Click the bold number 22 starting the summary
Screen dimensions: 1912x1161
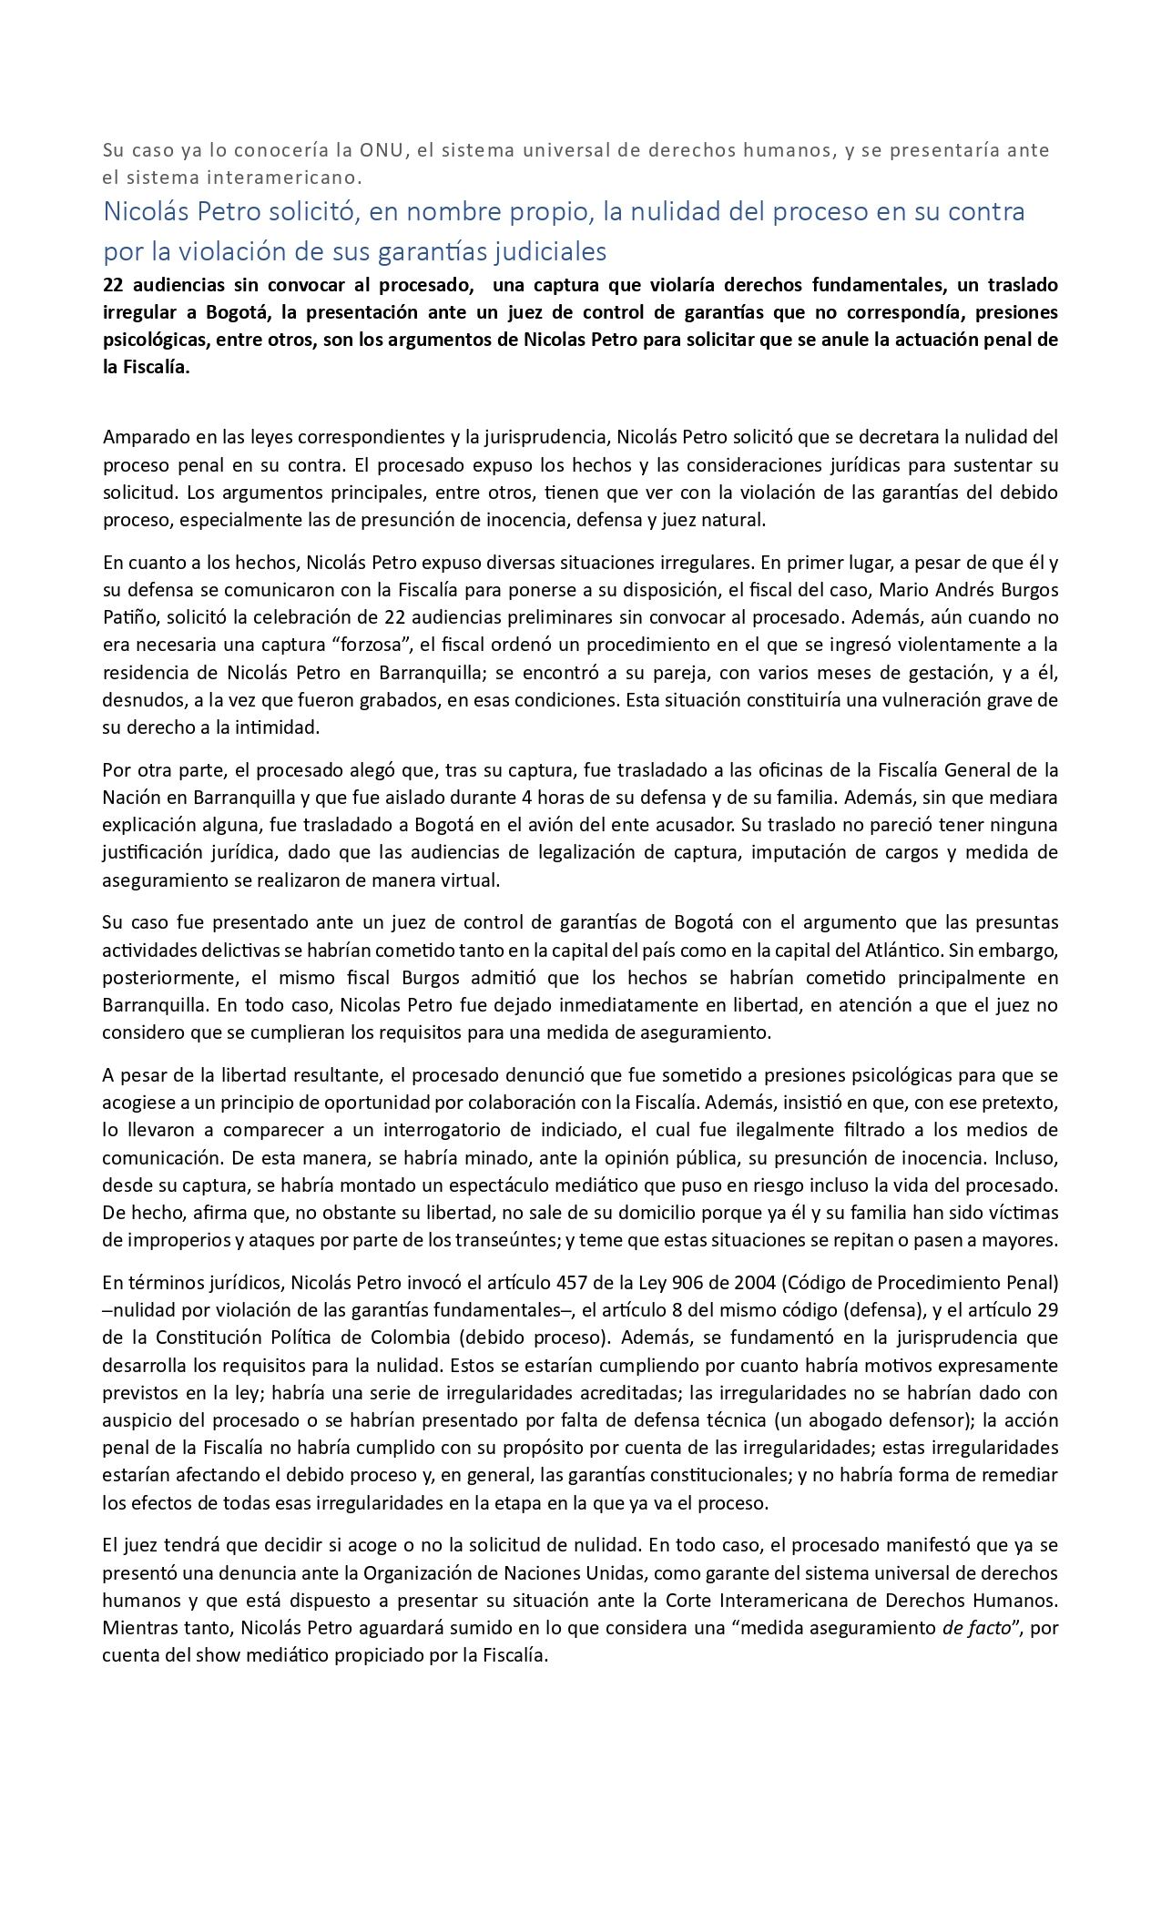113,285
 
